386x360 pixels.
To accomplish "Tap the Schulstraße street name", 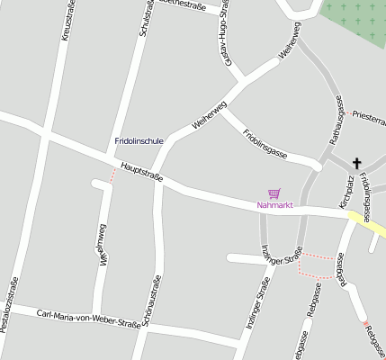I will click(144, 18).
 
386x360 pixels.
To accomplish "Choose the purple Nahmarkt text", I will click(275, 205).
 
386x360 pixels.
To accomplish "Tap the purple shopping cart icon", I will click(274, 193).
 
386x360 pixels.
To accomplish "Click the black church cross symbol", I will click(356, 163).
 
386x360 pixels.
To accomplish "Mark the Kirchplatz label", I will click(346, 193).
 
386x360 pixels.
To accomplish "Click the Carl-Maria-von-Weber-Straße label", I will click(83, 317).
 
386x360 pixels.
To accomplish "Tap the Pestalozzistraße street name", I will click(10, 305).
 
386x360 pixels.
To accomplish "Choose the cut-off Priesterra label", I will click(370, 117).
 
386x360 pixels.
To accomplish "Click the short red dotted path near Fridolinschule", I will click(112, 175).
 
